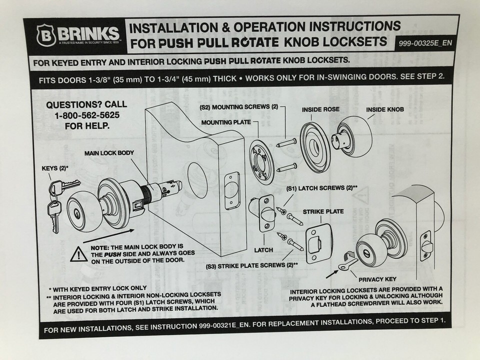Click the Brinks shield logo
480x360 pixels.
[x=45, y=35]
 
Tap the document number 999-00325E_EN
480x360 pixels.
[x=425, y=43]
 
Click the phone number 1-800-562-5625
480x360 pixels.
[x=87, y=115]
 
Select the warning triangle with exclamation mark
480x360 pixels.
[x=78, y=254]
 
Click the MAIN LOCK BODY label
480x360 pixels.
[x=109, y=153]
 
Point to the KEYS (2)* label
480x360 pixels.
[x=55, y=168]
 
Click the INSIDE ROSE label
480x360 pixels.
[x=320, y=109]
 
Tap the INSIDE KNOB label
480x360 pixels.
[x=385, y=109]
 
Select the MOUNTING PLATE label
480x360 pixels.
[x=226, y=122]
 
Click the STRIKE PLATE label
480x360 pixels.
[x=323, y=211]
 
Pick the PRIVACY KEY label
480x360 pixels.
[x=377, y=279]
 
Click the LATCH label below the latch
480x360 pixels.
[x=263, y=250]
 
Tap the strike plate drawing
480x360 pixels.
[x=318, y=243]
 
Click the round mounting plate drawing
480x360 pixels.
[x=260, y=161]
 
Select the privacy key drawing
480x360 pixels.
[x=348, y=264]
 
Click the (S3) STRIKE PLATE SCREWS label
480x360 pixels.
[x=252, y=265]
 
